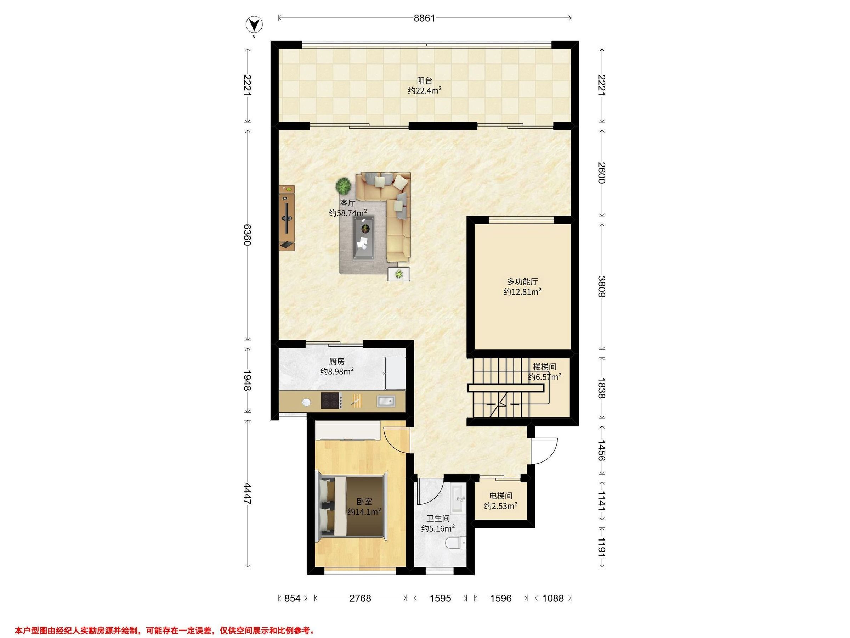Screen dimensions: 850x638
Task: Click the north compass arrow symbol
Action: click(x=254, y=26)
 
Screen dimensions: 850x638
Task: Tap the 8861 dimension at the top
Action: click(x=425, y=18)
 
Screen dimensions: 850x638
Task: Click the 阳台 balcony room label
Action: click(x=425, y=80)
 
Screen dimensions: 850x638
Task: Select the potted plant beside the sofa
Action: click(x=343, y=186)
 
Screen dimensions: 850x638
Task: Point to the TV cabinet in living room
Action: click(x=287, y=218)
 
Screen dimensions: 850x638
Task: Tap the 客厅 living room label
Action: click(x=347, y=203)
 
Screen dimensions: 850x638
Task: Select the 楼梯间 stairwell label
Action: click(x=545, y=367)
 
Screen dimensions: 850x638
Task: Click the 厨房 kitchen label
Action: click(x=337, y=362)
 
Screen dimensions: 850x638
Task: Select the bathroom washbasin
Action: click(x=458, y=499)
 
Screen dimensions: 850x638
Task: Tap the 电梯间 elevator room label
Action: click(x=501, y=496)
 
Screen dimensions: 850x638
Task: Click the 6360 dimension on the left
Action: click(x=248, y=235)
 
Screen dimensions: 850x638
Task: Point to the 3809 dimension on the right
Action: click(x=602, y=286)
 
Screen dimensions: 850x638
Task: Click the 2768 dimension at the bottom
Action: click(x=361, y=598)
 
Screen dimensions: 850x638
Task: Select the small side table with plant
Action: click(x=399, y=274)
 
